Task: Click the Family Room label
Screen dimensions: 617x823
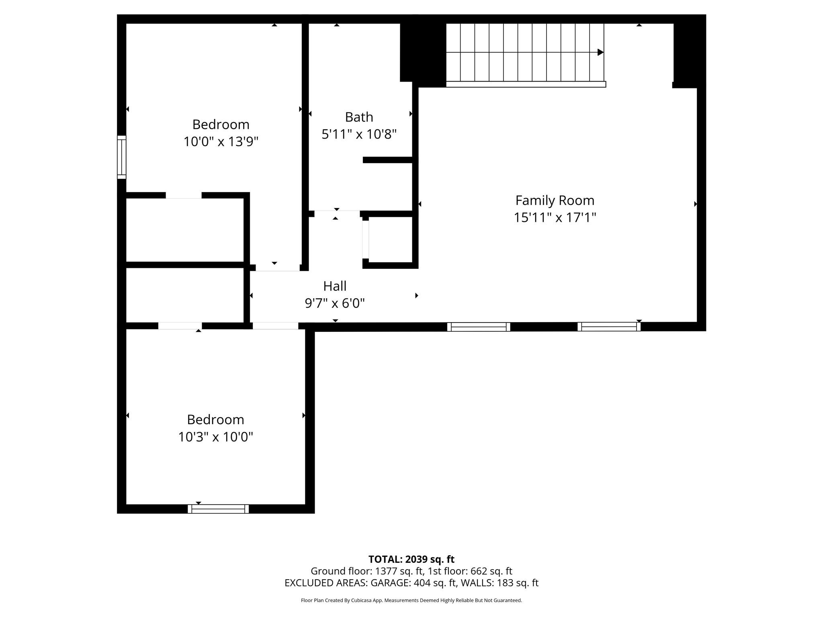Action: click(x=555, y=200)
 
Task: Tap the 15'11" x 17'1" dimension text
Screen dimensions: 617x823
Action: click(x=555, y=218)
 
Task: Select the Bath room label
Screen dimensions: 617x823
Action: click(x=359, y=117)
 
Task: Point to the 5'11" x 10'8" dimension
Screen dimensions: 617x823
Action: click(x=359, y=134)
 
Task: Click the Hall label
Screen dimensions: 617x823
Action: click(x=335, y=286)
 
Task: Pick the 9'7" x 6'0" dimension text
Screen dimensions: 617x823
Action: click(x=335, y=303)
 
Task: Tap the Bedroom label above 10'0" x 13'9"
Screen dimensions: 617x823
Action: click(x=221, y=125)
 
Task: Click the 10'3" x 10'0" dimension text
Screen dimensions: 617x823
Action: click(x=215, y=437)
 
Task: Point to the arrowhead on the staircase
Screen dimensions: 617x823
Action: click(x=600, y=52)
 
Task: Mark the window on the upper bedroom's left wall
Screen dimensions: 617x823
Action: click(x=121, y=157)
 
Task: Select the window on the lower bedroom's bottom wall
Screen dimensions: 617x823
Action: click(x=218, y=509)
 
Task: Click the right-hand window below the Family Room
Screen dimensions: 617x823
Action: click(x=609, y=327)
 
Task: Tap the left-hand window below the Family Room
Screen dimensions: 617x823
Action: click(x=479, y=327)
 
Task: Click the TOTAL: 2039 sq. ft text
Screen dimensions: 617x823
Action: click(x=411, y=559)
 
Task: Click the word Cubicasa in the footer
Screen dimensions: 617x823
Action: click(x=360, y=601)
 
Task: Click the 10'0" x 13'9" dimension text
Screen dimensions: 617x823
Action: click(x=221, y=142)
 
